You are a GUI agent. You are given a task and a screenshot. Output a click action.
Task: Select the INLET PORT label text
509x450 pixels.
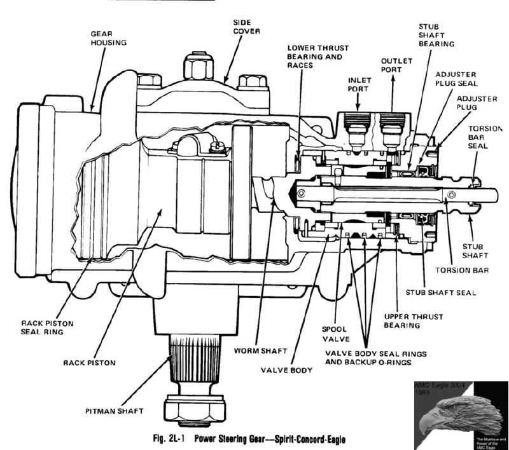tap(359, 85)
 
